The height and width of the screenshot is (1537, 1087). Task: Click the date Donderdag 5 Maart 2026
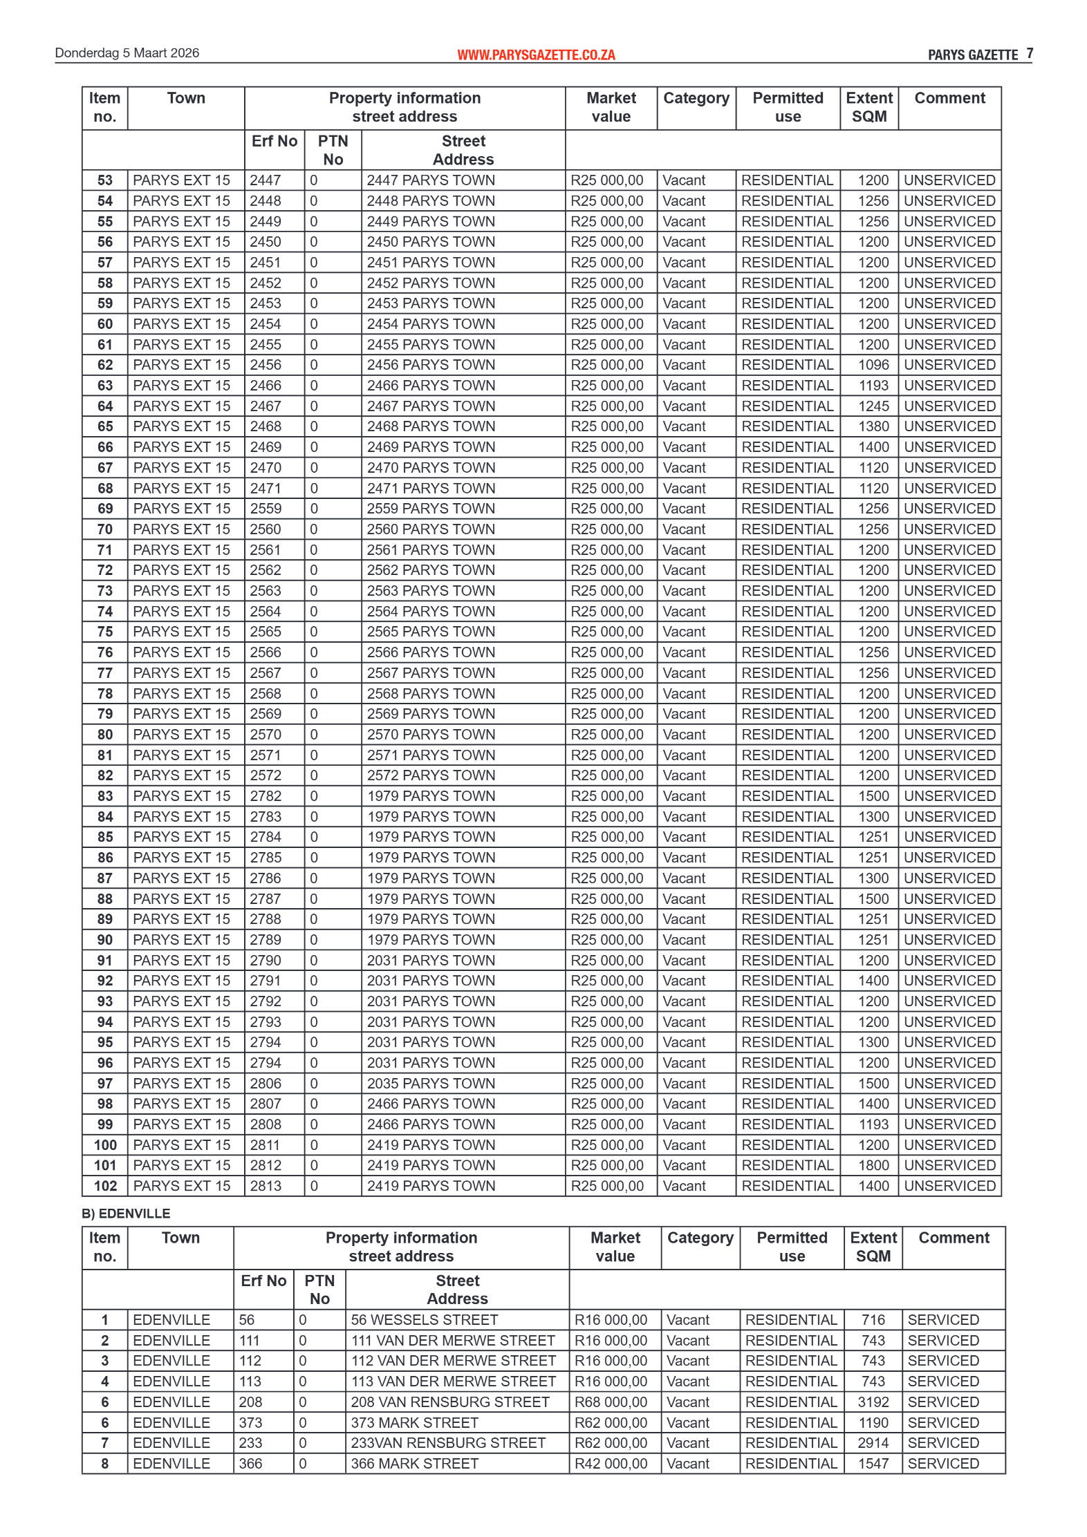coord(127,53)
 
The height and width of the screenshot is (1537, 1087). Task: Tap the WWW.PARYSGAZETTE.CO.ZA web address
coord(536,55)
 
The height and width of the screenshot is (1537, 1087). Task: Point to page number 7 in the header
coord(1030,53)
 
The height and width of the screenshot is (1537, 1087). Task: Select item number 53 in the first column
coord(104,180)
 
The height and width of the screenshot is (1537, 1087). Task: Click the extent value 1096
coord(873,365)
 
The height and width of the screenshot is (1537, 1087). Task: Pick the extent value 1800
coord(873,1165)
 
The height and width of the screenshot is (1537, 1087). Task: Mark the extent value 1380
coord(873,426)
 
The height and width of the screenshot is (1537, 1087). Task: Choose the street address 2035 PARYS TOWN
coord(431,1083)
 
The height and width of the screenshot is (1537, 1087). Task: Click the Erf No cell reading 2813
coord(266,1186)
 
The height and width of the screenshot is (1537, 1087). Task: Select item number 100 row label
coord(105,1145)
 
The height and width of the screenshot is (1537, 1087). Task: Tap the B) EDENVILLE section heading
coord(126,1214)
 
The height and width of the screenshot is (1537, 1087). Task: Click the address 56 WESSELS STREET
coord(424,1320)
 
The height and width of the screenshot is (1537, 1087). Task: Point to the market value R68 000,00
coord(611,1402)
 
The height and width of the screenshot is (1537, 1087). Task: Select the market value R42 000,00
coord(611,1464)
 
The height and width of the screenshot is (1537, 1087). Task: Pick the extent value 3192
coord(873,1402)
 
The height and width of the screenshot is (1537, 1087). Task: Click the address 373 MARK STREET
coord(414,1422)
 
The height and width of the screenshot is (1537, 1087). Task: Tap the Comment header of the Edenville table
coord(954,1238)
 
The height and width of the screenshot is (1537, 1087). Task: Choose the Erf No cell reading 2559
coord(266,509)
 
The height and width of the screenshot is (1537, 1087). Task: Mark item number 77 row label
coord(104,673)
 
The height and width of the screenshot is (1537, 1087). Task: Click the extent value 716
coord(873,1320)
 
